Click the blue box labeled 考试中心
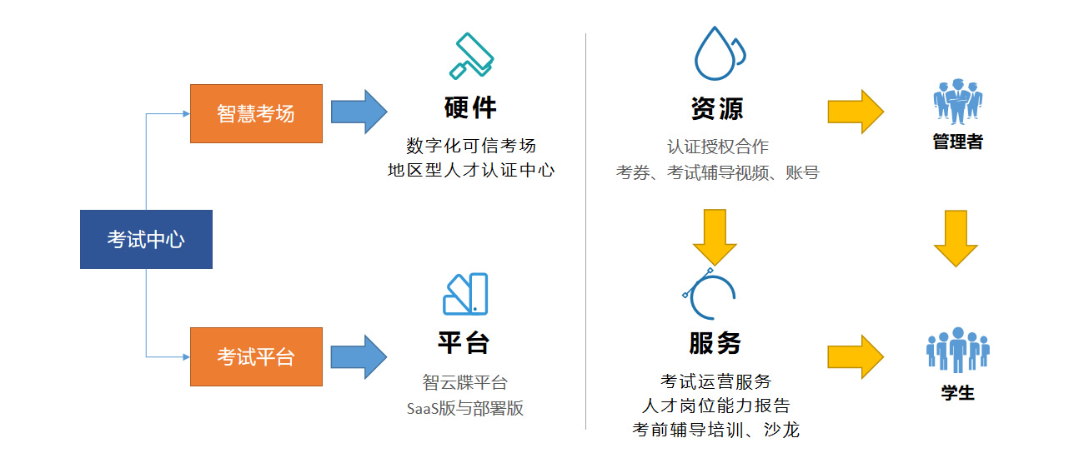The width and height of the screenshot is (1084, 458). coord(146,240)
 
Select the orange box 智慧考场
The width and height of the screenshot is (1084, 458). coord(256,113)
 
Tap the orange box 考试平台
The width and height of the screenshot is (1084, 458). coord(256,356)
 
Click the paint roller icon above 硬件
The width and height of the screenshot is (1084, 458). coord(471,57)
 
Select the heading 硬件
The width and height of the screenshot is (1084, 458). coord(470,107)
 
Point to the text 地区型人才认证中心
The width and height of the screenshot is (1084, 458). coord(471,170)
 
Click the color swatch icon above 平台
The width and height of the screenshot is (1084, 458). coord(465,294)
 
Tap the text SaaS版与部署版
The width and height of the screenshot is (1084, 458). coord(465,408)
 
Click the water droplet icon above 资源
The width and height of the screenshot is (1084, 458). coord(717,53)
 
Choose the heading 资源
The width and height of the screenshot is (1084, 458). coord(717,108)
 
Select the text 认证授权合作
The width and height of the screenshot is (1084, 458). coord(717,147)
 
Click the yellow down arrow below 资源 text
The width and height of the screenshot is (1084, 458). coord(715,236)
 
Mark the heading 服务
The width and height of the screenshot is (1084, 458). coord(715,342)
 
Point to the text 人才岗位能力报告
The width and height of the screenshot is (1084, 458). coord(716,406)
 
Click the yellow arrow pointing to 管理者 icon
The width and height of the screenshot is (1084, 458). coord(855,112)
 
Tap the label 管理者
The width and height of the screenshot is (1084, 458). coord(957,142)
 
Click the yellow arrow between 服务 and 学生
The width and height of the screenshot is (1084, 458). coord(855,356)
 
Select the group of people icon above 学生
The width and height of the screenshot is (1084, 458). coord(957,350)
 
